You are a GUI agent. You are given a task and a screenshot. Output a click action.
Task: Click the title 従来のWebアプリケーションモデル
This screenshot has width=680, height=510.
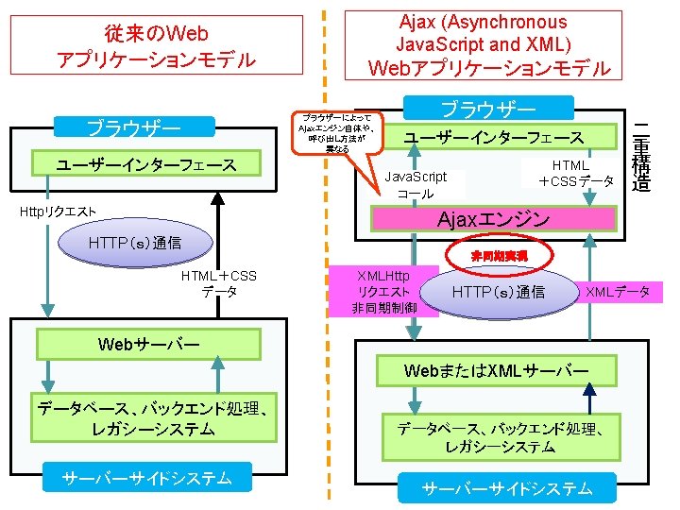[x=156, y=47]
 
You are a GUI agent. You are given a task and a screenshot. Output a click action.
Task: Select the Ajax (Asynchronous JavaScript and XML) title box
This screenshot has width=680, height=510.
[x=488, y=44]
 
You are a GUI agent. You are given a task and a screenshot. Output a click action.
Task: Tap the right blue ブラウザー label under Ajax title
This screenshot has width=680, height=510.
[x=488, y=108]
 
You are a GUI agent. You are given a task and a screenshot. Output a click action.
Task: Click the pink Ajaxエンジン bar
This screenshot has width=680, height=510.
[x=492, y=219]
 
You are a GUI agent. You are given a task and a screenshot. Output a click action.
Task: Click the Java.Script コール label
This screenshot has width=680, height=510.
[x=416, y=184]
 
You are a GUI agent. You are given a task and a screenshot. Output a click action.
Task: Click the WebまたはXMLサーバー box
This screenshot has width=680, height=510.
[x=497, y=369]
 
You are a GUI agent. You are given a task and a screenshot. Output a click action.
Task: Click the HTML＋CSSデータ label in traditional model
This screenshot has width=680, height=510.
[x=219, y=283]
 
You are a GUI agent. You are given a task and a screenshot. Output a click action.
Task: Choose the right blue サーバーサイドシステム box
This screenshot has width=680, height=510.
[x=507, y=488]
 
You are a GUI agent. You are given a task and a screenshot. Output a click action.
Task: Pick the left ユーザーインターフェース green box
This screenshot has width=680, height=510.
[x=146, y=164]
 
